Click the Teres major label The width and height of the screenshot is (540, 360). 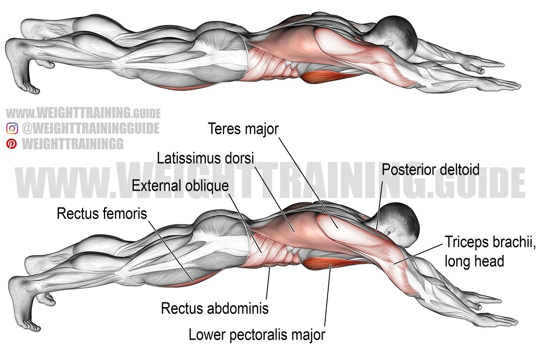pos(243,129)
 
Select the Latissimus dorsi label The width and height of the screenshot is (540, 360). pos(206,157)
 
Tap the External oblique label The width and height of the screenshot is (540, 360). pos(180,186)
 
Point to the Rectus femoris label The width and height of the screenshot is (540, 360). pos(102,213)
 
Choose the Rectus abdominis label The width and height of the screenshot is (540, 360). pos(215,308)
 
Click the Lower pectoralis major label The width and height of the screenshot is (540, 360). pos(257,335)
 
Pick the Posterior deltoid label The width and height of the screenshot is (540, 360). pos(430,170)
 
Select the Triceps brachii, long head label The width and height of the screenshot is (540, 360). pos(490,251)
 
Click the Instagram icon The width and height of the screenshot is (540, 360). pos(12,128)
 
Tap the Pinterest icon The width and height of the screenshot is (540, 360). pos(12,144)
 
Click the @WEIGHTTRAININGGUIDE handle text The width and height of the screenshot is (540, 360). pos(90,128)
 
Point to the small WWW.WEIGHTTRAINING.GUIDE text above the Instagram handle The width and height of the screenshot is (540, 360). pos(83,113)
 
